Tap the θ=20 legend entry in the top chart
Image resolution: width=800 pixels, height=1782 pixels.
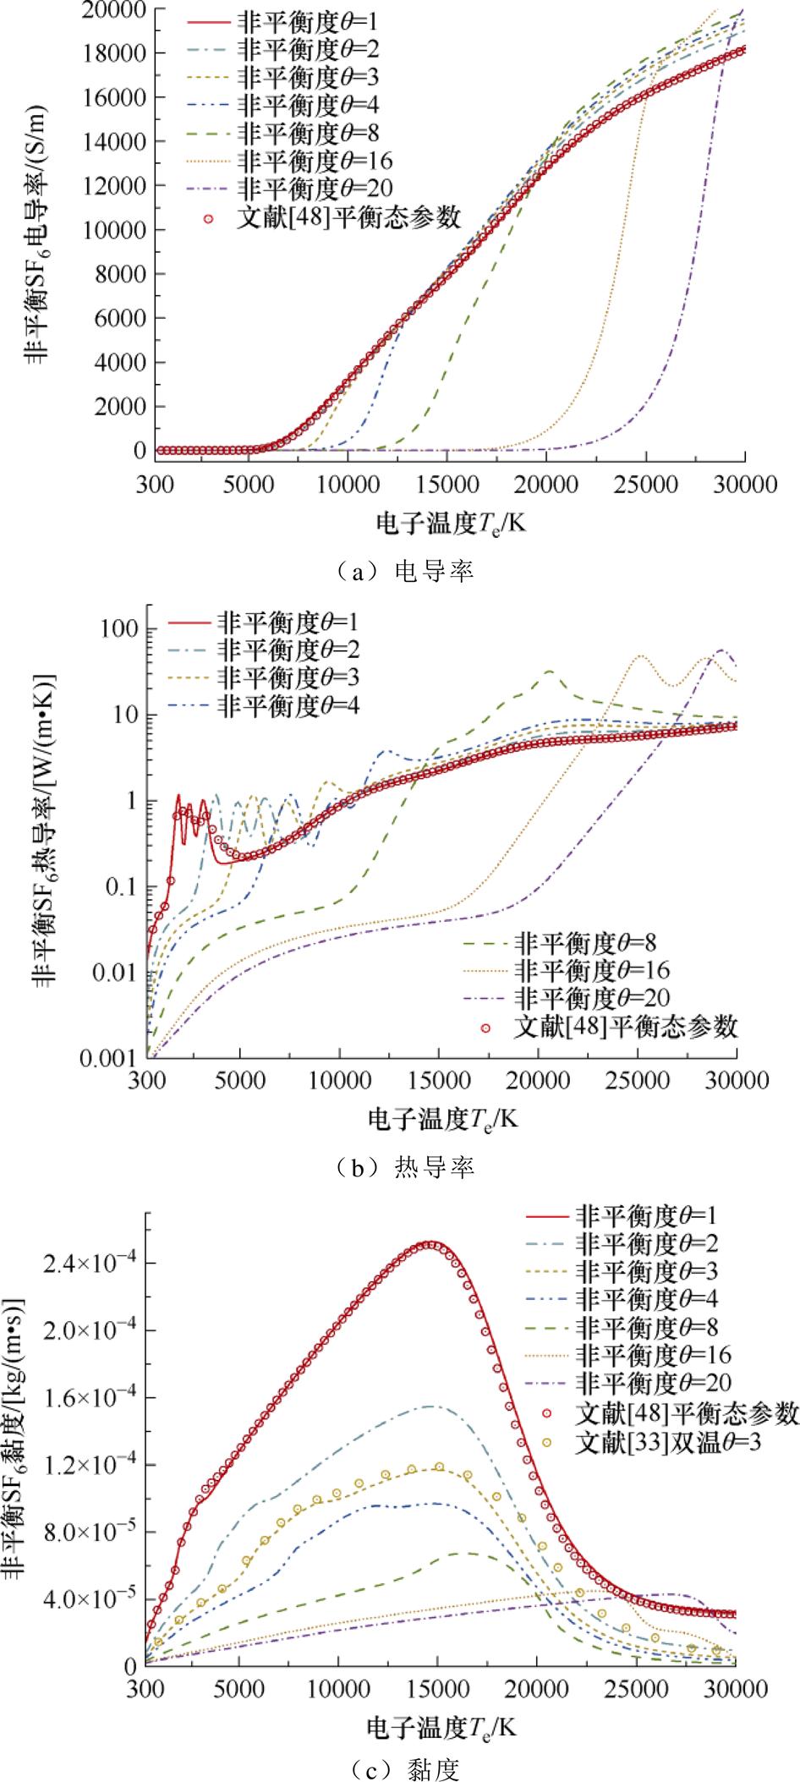316,187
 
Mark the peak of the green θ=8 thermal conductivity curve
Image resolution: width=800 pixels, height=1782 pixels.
550,672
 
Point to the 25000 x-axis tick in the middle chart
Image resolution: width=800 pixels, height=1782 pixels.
637,1080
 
